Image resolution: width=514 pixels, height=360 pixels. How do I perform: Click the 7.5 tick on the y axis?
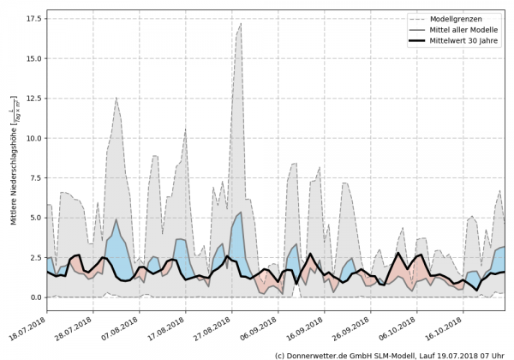[x=34, y=178]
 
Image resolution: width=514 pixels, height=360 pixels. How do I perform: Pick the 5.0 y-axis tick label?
[x=34, y=218]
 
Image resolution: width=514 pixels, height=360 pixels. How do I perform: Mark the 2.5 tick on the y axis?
[x=34, y=258]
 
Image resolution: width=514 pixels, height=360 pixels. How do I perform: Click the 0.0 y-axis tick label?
[x=34, y=297]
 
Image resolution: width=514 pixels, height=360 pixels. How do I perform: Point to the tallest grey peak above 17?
[x=241, y=23]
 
